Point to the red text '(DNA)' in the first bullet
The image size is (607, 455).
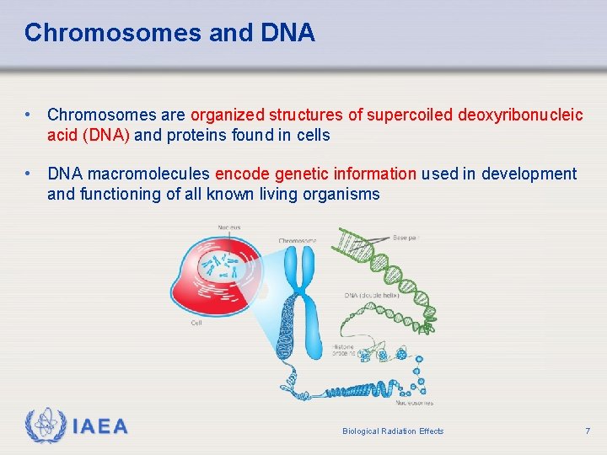pos(106,135)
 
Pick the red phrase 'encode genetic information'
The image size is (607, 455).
pos(315,174)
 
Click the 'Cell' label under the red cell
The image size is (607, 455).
pos(196,323)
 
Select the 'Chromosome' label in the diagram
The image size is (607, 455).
pos(298,241)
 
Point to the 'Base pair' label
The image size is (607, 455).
pos(406,238)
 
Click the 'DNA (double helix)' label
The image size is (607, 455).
pos(370,296)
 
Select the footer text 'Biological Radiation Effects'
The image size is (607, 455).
pos(393,431)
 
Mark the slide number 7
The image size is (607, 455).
pos(588,431)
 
